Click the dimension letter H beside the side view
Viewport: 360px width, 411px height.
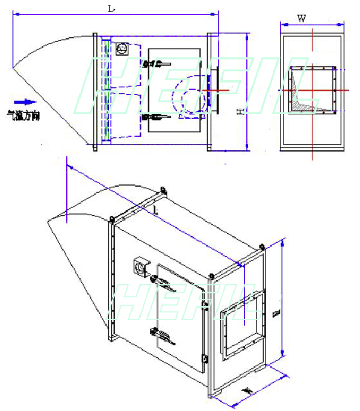point(240,111)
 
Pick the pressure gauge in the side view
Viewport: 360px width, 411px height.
point(120,48)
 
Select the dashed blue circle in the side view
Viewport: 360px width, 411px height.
point(189,98)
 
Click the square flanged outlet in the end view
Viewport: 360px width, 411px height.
point(312,89)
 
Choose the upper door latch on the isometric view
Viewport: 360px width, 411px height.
point(162,282)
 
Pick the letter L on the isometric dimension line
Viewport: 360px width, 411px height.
point(155,210)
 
